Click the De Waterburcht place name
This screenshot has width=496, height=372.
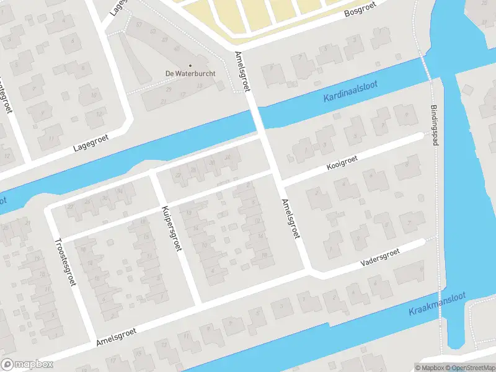click(190, 74)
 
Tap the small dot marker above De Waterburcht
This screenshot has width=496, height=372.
click(190, 65)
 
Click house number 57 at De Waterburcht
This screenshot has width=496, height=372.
click(139, 25)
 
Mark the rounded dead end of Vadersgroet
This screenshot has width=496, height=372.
click(423, 242)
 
